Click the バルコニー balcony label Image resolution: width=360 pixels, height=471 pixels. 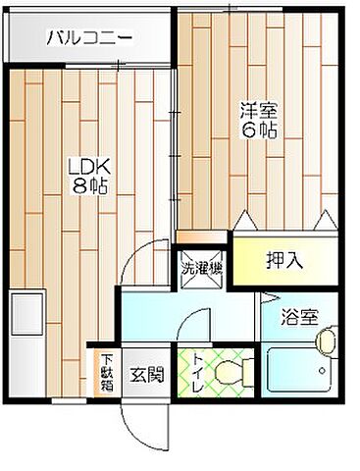[89, 39]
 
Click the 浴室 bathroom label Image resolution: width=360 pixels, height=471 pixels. [297, 317]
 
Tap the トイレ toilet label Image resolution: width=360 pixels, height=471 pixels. [197, 375]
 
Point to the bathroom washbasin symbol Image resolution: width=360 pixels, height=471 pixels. [327, 340]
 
